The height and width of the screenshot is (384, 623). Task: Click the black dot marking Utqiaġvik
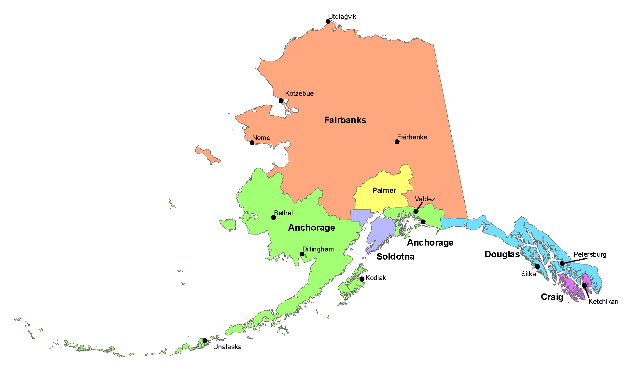pos(328,21)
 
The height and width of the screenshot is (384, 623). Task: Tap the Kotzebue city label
pos(299,93)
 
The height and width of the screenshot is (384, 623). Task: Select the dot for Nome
pos(252,143)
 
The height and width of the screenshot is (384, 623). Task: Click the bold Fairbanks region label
pos(345,120)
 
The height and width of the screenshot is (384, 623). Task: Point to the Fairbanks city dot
pos(397,142)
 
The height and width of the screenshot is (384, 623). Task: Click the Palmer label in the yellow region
pos(384,191)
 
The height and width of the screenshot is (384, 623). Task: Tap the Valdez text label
pos(425,199)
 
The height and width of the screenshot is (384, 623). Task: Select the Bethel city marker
pos(274,218)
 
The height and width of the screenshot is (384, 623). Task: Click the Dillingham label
pos(318,249)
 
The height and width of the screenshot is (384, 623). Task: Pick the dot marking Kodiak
pos(362,279)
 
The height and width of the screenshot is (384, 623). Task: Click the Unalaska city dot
pos(205,341)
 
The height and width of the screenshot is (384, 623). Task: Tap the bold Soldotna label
pos(395,257)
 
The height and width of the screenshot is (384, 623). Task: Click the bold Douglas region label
pos(502,254)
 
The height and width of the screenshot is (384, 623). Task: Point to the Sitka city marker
pos(537,266)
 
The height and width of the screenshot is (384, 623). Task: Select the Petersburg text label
pos(590,254)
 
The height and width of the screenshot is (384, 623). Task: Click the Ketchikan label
pos(603,302)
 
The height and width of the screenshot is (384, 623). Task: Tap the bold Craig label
pos(552,297)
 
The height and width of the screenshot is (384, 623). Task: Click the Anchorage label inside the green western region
pos(311,228)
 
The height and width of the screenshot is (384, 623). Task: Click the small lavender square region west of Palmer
pos(360,216)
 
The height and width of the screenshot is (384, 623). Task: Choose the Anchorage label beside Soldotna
pos(430,243)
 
